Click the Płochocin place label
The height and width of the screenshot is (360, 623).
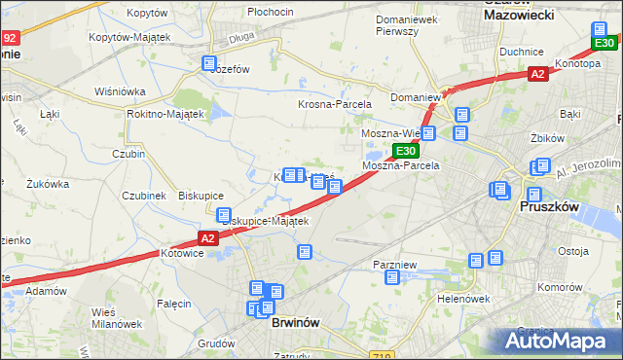click(271, 12)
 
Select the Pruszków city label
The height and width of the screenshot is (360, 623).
click(551, 206)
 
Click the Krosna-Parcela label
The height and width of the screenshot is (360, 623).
click(331, 103)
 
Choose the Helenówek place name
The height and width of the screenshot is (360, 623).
click(462, 299)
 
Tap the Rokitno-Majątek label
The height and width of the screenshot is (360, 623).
click(165, 114)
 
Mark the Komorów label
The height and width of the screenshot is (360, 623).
click(559, 288)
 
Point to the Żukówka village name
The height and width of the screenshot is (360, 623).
click(47, 183)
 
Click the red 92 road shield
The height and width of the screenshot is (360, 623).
click(9, 38)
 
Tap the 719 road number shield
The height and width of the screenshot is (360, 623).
click(385, 356)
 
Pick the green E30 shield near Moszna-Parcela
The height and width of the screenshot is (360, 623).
click(406, 151)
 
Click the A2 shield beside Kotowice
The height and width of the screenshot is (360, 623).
click(206, 237)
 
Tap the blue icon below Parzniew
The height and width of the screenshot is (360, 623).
click(392, 278)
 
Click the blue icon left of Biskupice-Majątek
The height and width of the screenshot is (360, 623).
click(223, 215)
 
